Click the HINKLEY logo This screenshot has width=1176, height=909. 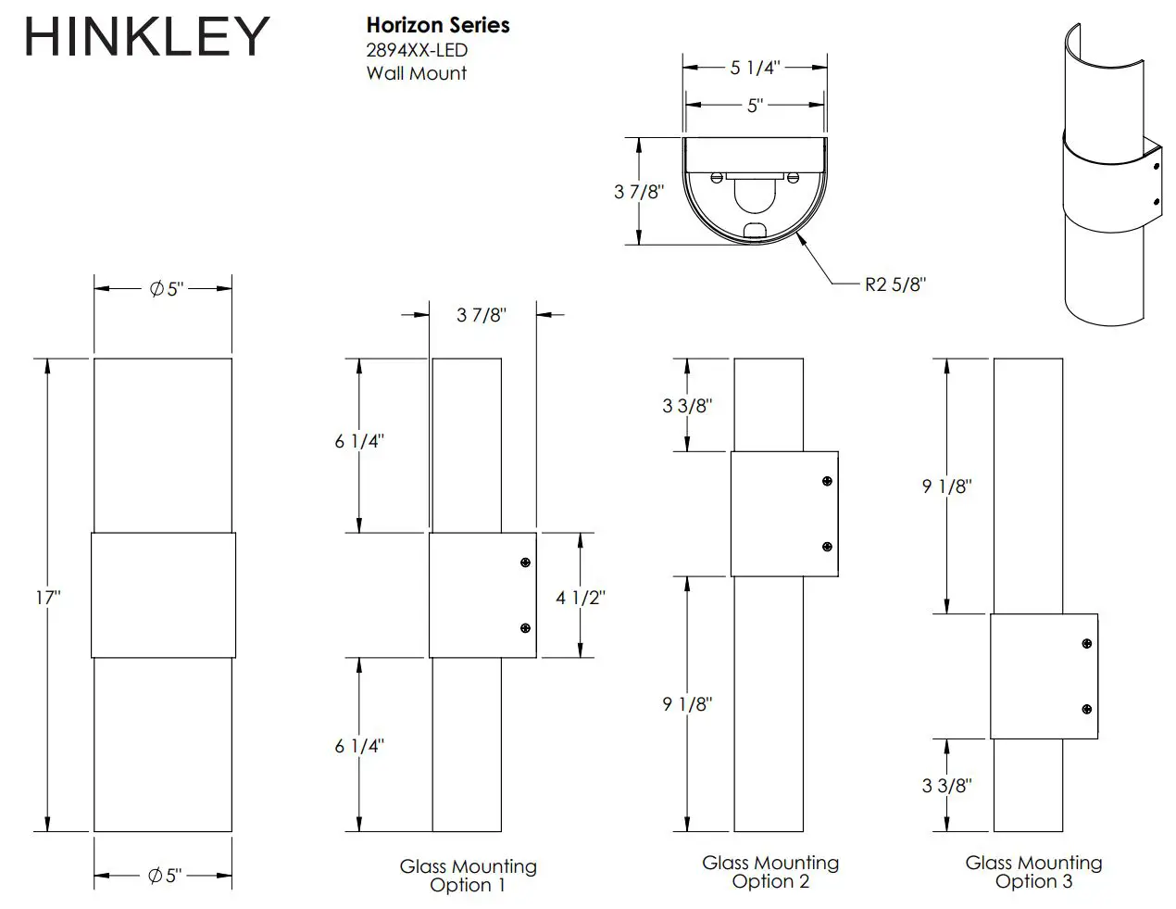click(146, 38)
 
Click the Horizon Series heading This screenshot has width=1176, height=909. click(438, 25)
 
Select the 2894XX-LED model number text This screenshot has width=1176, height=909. click(417, 50)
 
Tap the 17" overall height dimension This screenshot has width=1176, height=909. click(48, 598)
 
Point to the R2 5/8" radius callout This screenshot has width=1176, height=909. click(895, 284)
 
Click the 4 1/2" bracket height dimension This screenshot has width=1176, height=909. click(581, 598)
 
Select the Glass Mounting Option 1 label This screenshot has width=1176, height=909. click(468, 876)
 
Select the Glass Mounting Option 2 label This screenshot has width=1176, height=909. click(770, 872)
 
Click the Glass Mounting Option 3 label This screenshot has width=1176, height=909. click(1033, 872)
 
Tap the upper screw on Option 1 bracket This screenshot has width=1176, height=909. click(525, 562)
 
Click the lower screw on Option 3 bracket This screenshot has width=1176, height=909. click(1087, 709)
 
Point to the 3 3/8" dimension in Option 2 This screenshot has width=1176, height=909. click(687, 406)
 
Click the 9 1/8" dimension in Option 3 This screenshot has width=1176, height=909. click(946, 486)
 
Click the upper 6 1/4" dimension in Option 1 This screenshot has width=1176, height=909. click(359, 442)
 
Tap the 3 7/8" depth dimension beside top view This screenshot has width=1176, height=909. click(639, 192)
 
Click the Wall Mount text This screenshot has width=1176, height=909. click(416, 73)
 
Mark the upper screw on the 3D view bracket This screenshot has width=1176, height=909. click(1157, 169)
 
